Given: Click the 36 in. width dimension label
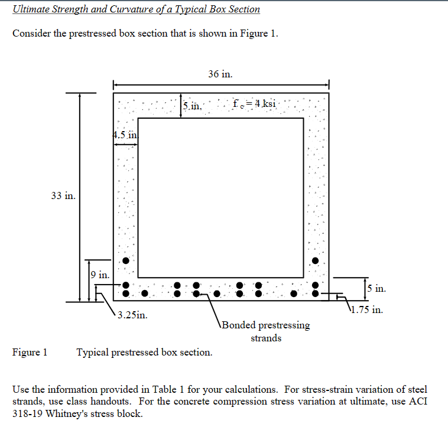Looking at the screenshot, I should pos(220,74).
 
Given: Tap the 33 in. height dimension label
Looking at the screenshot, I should pos(63,195).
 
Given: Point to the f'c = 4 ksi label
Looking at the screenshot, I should pos(254,104).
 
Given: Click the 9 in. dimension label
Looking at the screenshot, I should pos(100,275).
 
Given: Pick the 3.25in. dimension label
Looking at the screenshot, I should pos(132,315).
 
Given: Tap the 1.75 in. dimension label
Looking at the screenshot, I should pos(368,309).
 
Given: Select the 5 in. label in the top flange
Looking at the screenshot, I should pos(193,106).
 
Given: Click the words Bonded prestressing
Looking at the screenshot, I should pos(266,325).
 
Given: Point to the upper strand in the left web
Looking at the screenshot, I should pos(126,261).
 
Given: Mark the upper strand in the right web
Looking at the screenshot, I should pos(316,260).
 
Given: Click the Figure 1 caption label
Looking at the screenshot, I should pos(30,353).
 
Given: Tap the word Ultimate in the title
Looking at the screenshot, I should pos(31,9).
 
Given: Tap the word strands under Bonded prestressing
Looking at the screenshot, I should pos(266,338).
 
